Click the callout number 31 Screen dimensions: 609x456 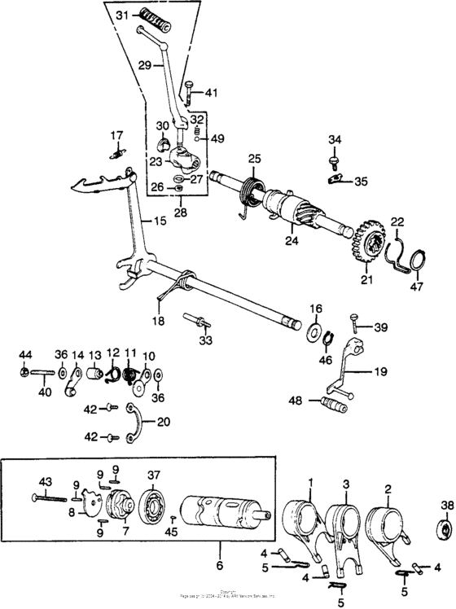point(121,15)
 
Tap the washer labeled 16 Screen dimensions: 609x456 point(314,331)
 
